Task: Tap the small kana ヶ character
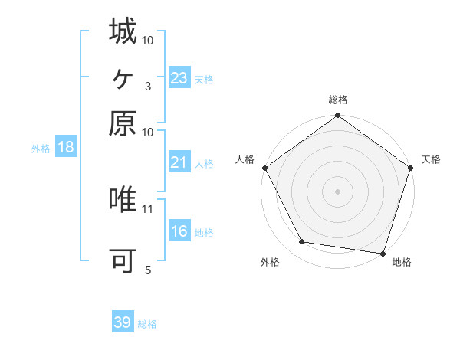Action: (123, 77)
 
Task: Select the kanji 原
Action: (123, 123)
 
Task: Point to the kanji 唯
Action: (123, 200)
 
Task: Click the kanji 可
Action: (123, 261)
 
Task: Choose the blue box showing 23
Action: (179, 78)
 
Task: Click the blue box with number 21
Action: (179, 163)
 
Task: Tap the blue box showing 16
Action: (179, 231)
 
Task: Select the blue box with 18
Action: (66, 148)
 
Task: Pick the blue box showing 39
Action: (123, 323)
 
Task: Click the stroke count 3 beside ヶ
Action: (147, 87)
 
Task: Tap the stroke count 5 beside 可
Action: (147, 270)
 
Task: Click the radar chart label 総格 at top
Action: (337, 100)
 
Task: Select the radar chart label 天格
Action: (432, 159)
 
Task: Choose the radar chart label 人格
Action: (245, 159)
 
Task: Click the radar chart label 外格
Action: (270, 263)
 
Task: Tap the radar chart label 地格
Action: (402, 263)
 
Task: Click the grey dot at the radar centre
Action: (337, 191)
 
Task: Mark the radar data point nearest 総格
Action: (337, 117)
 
